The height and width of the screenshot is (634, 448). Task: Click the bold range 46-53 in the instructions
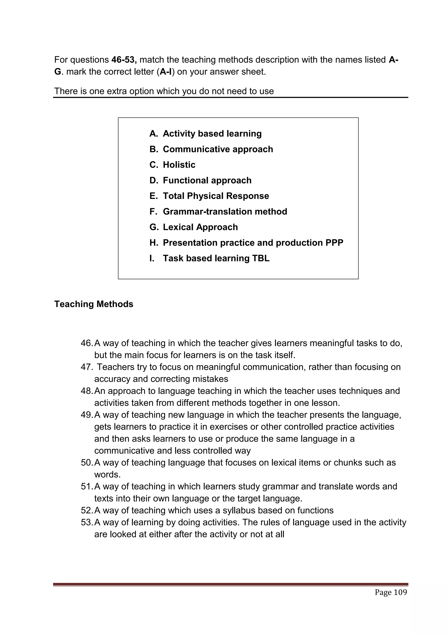pos(124,60)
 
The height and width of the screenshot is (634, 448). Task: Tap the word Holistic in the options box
pos(179,165)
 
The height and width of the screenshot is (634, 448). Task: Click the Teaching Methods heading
pos(94,304)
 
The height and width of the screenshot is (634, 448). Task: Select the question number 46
pos(87,343)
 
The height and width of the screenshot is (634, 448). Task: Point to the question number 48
pos(87,391)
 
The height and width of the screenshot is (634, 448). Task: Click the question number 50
pos(87,462)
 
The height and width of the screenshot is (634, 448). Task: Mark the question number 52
pos(87,510)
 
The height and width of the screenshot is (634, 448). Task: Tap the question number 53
pos(87,522)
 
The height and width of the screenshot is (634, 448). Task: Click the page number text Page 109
pos(391,592)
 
